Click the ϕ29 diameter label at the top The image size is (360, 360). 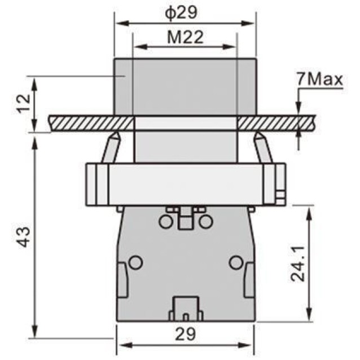181,12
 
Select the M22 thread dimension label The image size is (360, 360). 185,37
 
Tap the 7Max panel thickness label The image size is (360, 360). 319,80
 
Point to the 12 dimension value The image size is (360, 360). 24,103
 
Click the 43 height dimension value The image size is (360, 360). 24,237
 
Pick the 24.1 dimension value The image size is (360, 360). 297,264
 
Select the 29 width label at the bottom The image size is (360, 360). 186,333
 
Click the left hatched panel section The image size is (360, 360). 91,124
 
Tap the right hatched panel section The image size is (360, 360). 276,124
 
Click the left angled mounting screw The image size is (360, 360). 112,147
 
